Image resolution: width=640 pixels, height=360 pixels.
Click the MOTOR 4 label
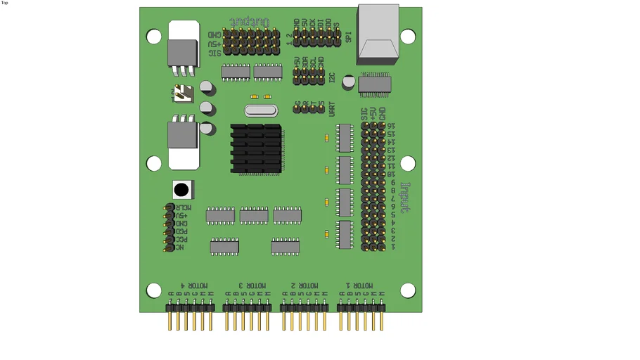[194, 285]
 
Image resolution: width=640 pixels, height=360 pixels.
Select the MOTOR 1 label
[364, 285]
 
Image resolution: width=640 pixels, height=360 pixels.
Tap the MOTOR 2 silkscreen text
[306, 285]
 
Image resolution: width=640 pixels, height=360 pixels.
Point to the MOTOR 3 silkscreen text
[251, 285]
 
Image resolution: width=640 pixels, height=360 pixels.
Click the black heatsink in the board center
[256, 148]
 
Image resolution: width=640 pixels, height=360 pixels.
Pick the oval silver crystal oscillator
[260, 110]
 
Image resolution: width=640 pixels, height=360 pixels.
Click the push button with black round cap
[181, 189]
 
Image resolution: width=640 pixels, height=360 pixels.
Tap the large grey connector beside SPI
[378, 31]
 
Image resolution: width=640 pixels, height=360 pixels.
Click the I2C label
[332, 79]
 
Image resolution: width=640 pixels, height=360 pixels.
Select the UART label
[332, 108]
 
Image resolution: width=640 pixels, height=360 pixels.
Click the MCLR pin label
[183, 207]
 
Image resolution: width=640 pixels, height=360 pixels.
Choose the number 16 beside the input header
[391, 126]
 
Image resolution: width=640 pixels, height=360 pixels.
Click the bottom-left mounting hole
[154, 290]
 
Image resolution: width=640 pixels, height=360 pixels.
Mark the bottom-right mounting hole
[408, 290]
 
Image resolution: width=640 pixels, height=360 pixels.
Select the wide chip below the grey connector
[374, 84]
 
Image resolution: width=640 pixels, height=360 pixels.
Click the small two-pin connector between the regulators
[183, 94]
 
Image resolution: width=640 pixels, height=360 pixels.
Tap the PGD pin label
[181, 231]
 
